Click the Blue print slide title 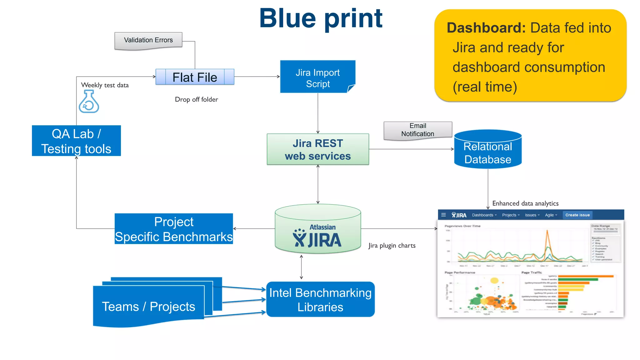pyautogui.click(x=321, y=18)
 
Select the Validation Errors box pyautogui.click(x=148, y=40)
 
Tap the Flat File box pyautogui.click(x=195, y=77)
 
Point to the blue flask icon pyautogui.click(x=89, y=102)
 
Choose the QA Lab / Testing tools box pyautogui.click(x=76, y=141)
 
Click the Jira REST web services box pyautogui.click(x=317, y=149)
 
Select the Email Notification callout pyautogui.click(x=417, y=130)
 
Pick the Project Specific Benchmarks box pyautogui.click(x=174, y=229)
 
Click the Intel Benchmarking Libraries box pyautogui.click(x=320, y=299)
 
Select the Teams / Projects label pyautogui.click(x=148, y=307)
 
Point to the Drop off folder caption pyautogui.click(x=196, y=99)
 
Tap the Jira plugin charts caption pyautogui.click(x=392, y=246)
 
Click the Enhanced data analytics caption pyautogui.click(x=525, y=203)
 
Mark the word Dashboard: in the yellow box pyautogui.click(x=486, y=28)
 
